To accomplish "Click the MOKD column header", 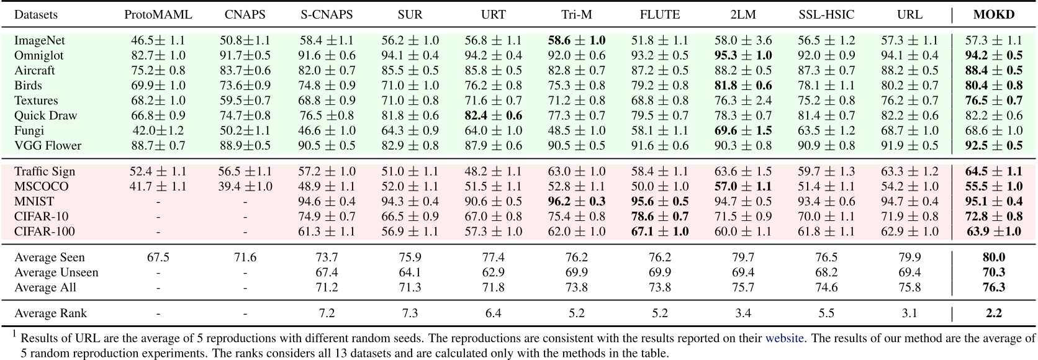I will click(x=993, y=14).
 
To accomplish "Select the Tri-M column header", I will click(x=576, y=14).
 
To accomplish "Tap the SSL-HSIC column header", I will click(x=826, y=14).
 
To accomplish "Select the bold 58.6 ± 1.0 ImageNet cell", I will click(x=576, y=40).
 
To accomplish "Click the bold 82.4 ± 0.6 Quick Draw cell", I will click(x=493, y=115).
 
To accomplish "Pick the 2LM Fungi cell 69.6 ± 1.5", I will click(x=742, y=130).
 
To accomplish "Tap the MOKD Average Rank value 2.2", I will click(x=993, y=313).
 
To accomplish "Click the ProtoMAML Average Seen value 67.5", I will click(x=158, y=257).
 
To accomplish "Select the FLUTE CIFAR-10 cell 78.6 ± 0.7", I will click(x=659, y=217).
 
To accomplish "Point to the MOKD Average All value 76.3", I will click(x=993, y=287).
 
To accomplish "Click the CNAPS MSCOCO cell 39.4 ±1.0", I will click(x=245, y=186).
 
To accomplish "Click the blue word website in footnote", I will click(x=784, y=338).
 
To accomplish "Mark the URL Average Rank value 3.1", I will click(x=909, y=313).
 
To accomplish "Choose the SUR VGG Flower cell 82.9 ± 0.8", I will click(x=410, y=145).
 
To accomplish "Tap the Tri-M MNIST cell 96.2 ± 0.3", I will click(x=576, y=202).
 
